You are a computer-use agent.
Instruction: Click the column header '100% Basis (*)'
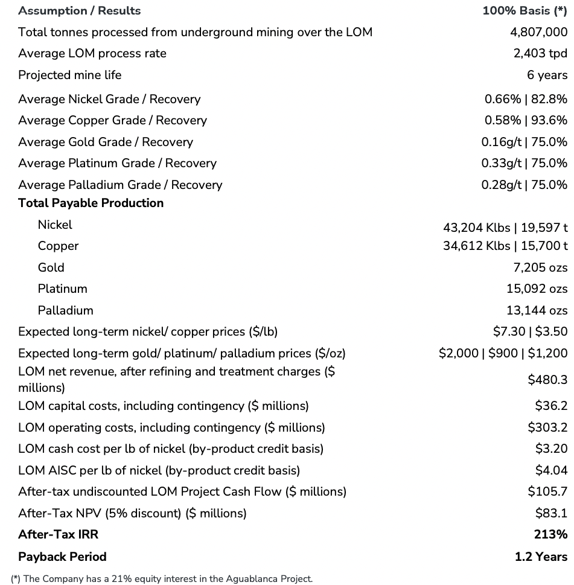pyautogui.click(x=525, y=11)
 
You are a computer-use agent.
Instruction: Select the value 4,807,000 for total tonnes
pyautogui.click(x=538, y=32)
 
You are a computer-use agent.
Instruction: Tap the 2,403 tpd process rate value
pyautogui.click(x=540, y=53)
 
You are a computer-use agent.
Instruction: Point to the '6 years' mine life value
pyautogui.click(x=547, y=75)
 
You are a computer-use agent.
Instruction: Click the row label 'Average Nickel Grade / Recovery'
pyautogui.click(x=109, y=99)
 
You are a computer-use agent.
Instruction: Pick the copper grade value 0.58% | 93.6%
pyautogui.click(x=526, y=120)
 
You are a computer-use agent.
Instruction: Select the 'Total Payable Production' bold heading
pyautogui.click(x=91, y=203)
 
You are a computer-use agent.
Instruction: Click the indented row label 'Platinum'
pyautogui.click(x=62, y=289)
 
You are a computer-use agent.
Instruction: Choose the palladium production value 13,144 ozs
pyautogui.click(x=537, y=310)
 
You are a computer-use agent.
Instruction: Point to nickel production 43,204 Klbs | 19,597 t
pyautogui.click(x=505, y=228)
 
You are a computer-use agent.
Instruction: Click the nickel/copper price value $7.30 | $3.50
pyautogui.click(x=530, y=331)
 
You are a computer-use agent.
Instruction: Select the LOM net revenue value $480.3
pyautogui.click(x=547, y=380)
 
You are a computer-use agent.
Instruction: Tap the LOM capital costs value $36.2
pyautogui.click(x=551, y=406)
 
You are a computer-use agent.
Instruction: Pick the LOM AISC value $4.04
pyautogui.click(x=551, y=470)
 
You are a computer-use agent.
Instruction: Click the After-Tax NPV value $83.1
pyautogui.click(x=551, y=513)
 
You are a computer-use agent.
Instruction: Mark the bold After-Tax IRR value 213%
pyautogui.click(x=550, y=534)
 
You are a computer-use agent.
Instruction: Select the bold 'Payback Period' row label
pyautogui.click(x=62, y=557)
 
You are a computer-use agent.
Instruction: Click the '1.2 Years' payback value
pyautogui.click(x=541, y=557)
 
